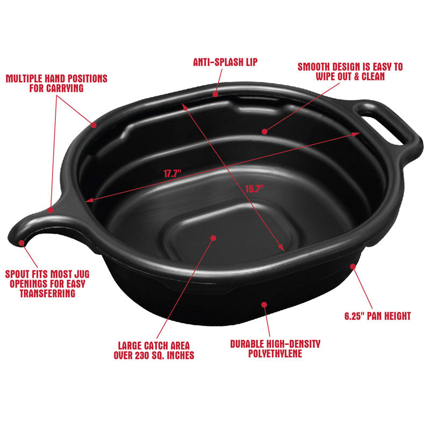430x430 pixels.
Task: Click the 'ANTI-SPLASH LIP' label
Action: [x=225, y=62]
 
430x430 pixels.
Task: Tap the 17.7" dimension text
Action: [x=173, y=174]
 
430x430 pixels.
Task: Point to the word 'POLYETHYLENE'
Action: [x=275, y=353]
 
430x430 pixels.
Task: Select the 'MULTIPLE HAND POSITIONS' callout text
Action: [x=57, y=78]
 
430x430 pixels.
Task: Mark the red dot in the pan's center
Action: [x=213, y=237]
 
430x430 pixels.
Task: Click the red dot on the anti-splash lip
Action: [x=215, y=94]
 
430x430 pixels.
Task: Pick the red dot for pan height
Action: [x=353, y=265]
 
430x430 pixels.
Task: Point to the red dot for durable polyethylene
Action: [x=264, y=304]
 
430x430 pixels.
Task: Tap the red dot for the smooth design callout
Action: [x=264, y=131]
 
